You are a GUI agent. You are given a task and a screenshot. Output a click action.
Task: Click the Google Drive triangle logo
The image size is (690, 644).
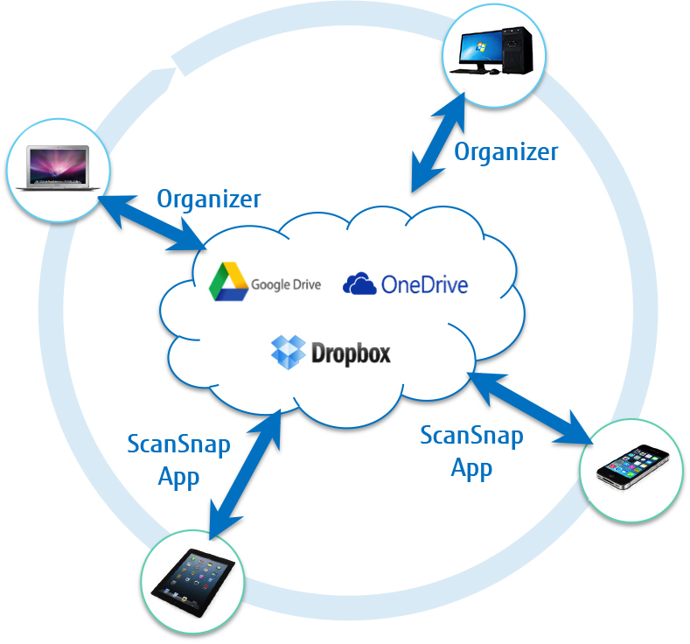[x=228, y=282]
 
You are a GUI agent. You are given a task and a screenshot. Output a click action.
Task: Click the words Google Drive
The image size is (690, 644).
[x=286, y=283]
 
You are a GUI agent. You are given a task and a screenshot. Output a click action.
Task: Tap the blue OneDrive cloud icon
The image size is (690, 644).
[x=359, y=283]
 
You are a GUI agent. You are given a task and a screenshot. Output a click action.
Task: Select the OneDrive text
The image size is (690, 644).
[x=424, y=284]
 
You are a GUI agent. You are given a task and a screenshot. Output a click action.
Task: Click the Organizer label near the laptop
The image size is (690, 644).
[x=208, y=199]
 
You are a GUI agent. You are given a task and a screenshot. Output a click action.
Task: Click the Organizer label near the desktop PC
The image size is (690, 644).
[x=505, y=151]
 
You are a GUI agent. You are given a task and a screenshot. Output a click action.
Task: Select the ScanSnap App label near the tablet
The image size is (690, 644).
[x=178, y=460]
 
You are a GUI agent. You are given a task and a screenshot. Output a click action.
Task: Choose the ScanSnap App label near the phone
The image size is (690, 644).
[x=471, y=451]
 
